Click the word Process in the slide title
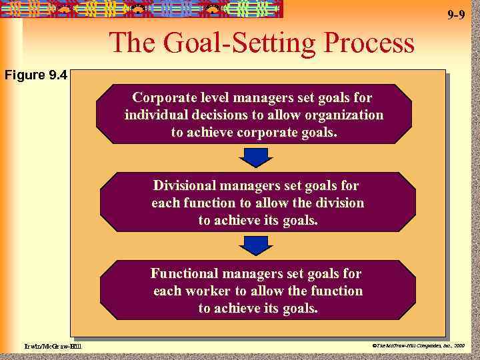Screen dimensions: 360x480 (x=369, y=44)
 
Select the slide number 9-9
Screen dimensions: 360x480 (x=456, y=15)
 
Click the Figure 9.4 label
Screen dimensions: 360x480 (x=36, y=75)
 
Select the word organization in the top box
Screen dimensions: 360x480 (x=344, y=115)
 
